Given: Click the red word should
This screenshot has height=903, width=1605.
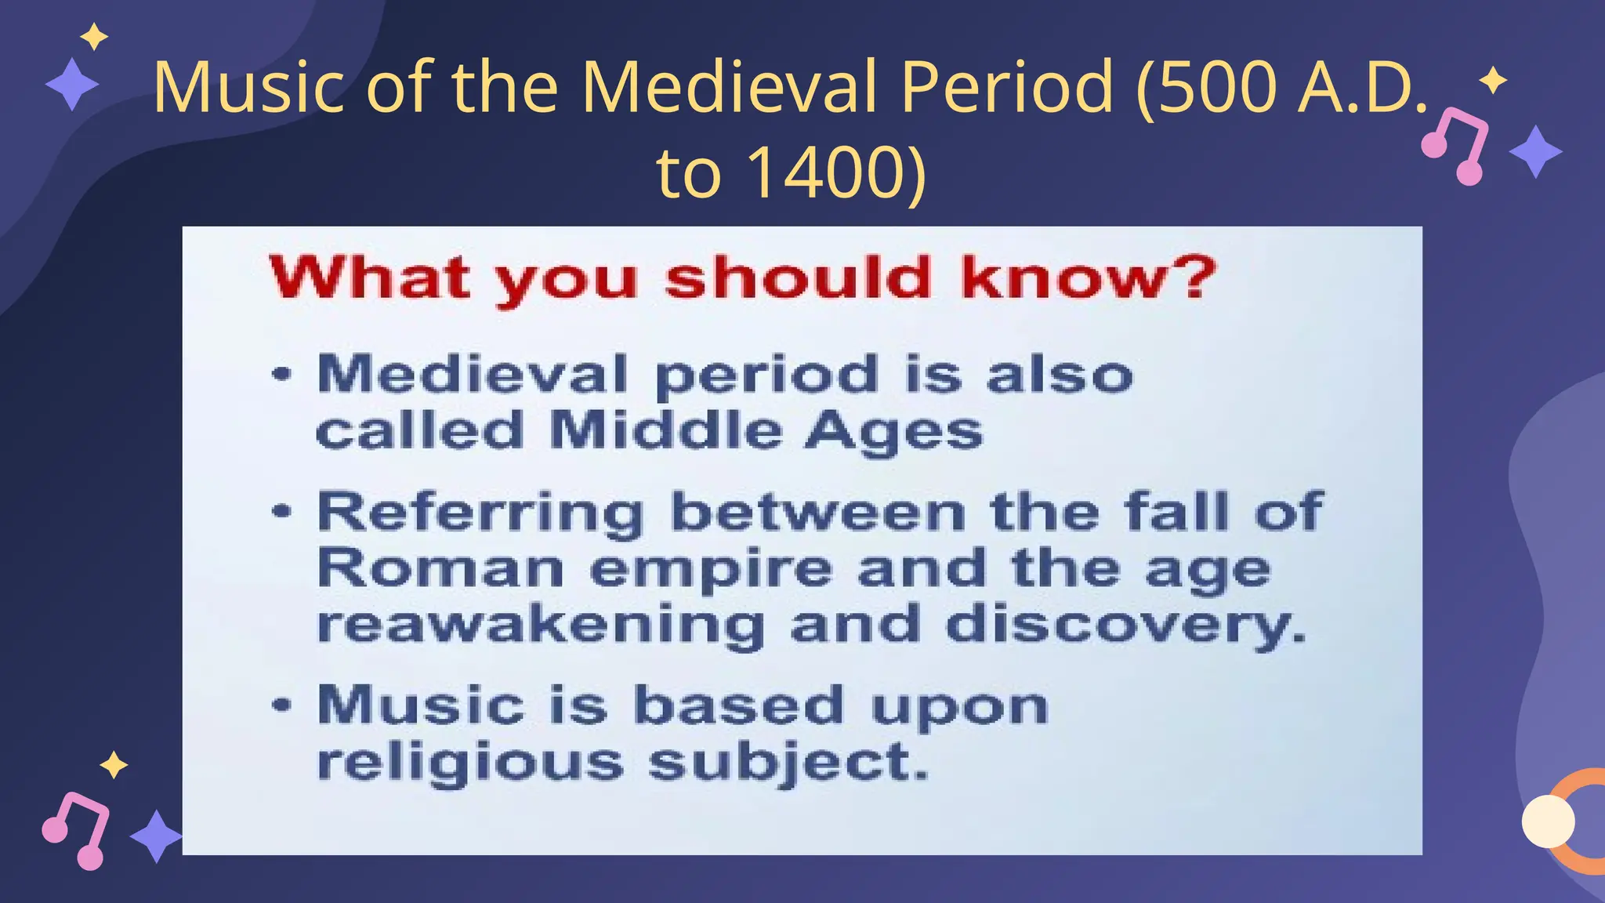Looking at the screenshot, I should pos(798,277).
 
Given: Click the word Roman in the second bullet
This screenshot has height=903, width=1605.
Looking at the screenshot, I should pos(440,568).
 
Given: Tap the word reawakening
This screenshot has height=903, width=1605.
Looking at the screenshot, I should pos(541,626).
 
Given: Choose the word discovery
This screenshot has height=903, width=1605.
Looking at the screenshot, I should pos(1126,626).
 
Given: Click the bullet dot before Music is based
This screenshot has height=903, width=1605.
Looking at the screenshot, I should pos(281,704).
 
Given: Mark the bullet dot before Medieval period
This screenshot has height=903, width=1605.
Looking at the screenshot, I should pos(281,374).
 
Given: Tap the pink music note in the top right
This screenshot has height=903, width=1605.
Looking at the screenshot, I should pos(1455,145).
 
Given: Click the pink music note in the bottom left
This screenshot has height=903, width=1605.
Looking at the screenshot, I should pos(76,830).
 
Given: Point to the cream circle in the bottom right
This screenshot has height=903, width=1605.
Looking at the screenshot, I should pos(1548,821).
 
